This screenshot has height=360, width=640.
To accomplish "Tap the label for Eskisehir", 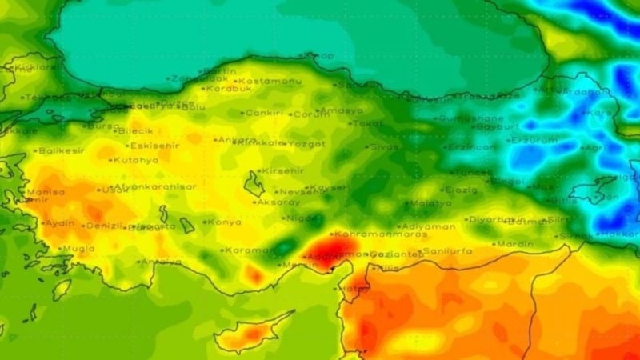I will (153, 146).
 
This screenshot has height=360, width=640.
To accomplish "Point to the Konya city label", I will (225, 222).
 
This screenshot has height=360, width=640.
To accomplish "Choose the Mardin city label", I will (515, 243).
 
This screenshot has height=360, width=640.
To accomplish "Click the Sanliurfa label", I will (448, 251).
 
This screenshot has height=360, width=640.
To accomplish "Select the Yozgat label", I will (307, 144).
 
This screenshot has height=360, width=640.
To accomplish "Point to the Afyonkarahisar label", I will (156, 187).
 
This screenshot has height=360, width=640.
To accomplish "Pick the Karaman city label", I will (248, 250).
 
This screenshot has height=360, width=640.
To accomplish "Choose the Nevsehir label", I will (300, 192).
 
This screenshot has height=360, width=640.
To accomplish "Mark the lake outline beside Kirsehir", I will (255, 185).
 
